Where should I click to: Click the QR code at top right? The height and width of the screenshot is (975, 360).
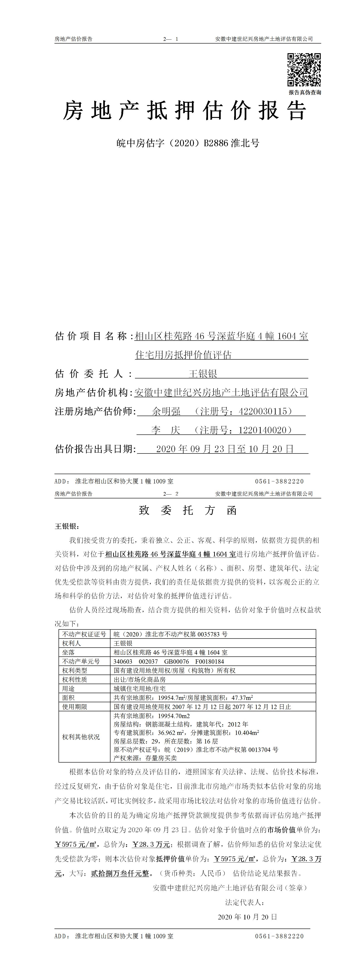pos(304,70)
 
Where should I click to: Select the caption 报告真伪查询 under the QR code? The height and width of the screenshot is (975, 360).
pos(305,92)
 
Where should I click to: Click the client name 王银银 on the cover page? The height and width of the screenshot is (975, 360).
pos(203,374)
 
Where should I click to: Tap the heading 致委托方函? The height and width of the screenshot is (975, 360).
pos(188,511)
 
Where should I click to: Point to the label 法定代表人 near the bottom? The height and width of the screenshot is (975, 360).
pos(245,902)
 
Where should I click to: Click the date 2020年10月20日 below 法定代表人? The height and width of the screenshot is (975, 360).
pos(247,917)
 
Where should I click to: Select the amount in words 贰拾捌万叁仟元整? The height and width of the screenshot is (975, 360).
pos(120,874)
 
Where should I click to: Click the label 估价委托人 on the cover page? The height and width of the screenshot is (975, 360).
pos(93,374)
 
